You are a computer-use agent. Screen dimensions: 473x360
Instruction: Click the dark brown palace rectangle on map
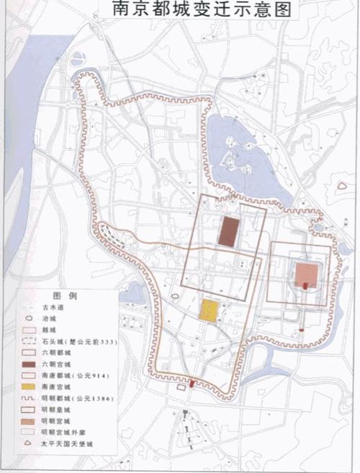tap(228, 232)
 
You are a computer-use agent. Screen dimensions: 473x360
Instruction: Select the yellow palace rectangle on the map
tap(209, 310)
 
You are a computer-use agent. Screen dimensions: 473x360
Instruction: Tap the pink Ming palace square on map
tap(306, 274)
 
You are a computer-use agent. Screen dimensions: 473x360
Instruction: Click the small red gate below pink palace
tap(305, 287)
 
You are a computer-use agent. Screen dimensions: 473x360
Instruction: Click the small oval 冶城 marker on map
tap(174, 296)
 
